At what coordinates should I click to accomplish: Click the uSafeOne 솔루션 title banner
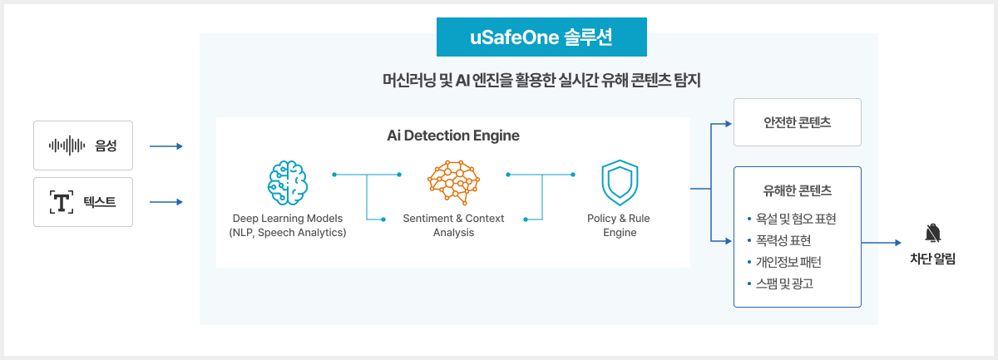coord(541,37)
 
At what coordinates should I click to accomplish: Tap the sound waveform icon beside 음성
coord(67,145)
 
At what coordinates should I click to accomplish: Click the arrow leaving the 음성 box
coord(166,147)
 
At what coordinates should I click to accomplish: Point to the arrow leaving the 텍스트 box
coord(166,202)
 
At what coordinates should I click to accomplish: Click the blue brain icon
coord(287,182)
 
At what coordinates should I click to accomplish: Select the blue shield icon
coord(620,182)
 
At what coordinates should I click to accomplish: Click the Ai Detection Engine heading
coord(453,136)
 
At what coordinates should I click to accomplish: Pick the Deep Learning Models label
coord(287,218)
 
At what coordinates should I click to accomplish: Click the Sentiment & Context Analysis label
coord(453,224)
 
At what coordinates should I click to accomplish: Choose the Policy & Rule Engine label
coord(620,224)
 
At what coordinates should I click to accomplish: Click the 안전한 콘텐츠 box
coord(797,122)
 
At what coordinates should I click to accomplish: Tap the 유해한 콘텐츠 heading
coord(797,190)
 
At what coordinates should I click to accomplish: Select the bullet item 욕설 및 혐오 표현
coord(796,219)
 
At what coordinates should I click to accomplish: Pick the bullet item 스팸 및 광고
coord(784,284)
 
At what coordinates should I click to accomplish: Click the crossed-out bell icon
coord(932,233)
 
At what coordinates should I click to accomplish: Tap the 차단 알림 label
coord(932,259)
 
